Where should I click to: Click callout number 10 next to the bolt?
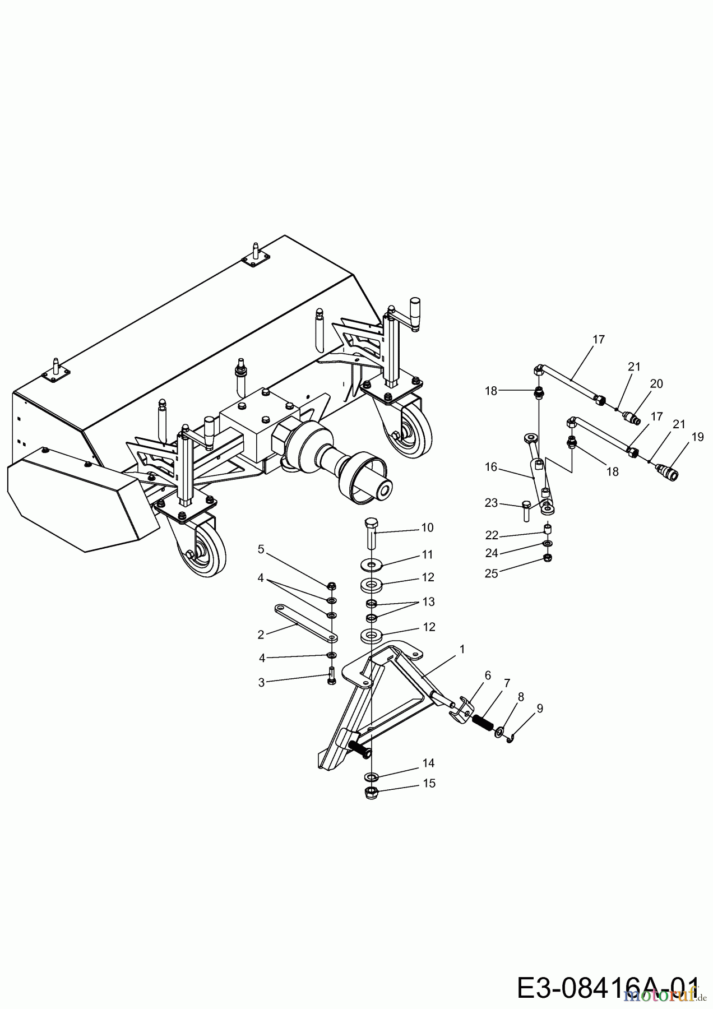(x=427, y=527)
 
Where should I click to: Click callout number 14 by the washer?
(x=428, y=763)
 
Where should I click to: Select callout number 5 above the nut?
(x=261, y=549)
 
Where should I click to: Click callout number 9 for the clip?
(x=540, y=709)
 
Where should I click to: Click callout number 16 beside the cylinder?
(x=491, y=467)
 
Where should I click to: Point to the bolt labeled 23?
(x=525, y=510)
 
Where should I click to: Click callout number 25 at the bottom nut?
(x=491, y=574)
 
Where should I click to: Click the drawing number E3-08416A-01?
(x=608, y=988)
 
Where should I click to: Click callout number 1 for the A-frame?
(x=462, y=649)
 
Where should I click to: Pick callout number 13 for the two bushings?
(x=428, y=601)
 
